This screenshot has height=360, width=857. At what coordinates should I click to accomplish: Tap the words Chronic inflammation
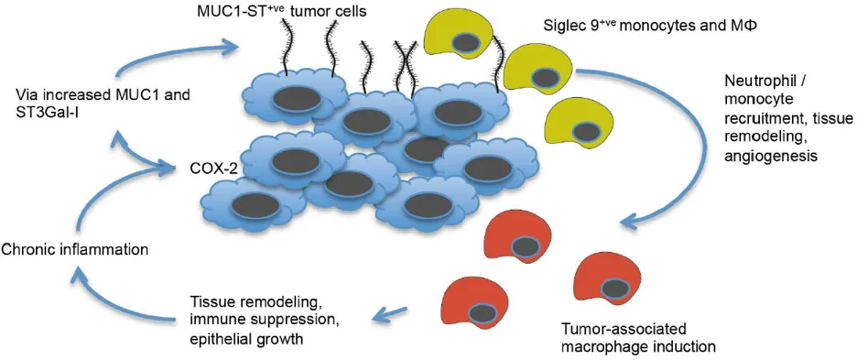(75, 250)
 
